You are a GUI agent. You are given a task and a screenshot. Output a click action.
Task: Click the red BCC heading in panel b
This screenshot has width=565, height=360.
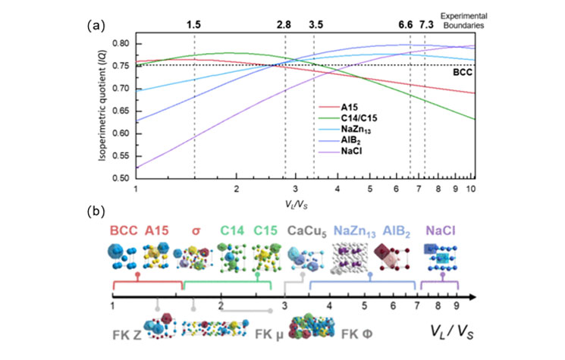[x=123, y=230]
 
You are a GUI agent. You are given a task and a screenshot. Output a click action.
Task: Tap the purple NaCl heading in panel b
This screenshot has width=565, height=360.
[x=440, y=230]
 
